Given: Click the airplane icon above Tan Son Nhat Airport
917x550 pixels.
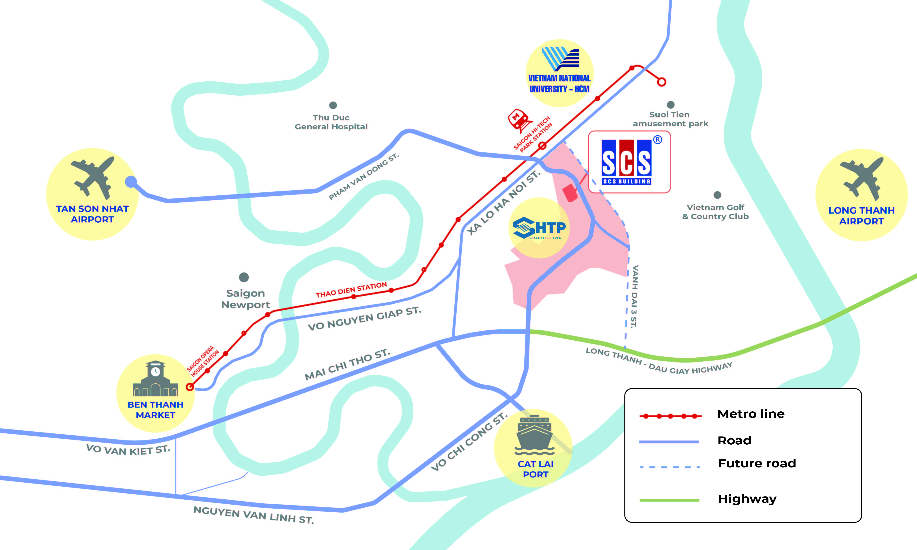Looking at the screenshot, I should (x=93, y=177).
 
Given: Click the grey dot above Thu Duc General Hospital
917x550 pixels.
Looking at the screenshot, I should (x=333, y=105).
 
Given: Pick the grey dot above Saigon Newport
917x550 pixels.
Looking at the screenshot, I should (x=244, y=277).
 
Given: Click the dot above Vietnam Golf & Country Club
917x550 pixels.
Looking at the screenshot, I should (x=717, y=195).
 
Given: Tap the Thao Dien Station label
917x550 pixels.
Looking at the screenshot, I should (x=351, y=290).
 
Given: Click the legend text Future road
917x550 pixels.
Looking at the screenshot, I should (x=757, y=463).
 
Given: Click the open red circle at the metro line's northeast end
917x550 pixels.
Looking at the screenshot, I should (x=662, y=82).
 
